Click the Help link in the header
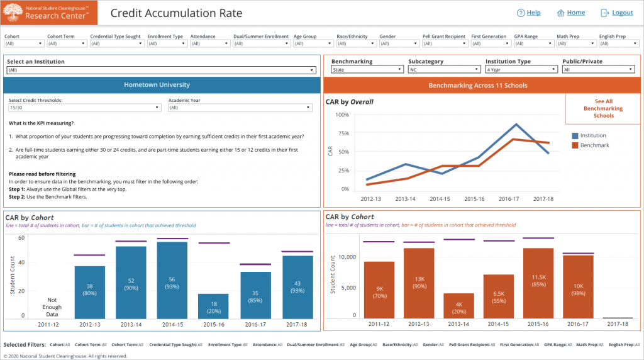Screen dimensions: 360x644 click(x=528, y=13)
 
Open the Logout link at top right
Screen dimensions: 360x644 click(x=616, y=13)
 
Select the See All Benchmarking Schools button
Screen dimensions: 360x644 click(x=603, y=109)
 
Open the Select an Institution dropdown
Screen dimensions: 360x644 click(x=162, y=70)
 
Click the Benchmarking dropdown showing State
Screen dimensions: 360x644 click(x=365, y=70)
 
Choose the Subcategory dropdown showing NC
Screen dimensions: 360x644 click(x=443, y=70)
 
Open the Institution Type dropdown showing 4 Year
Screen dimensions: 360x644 click(x=519, y=70)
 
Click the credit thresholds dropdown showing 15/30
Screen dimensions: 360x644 click(x=85, y=108)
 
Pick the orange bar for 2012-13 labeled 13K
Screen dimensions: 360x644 click(x=419, y=283)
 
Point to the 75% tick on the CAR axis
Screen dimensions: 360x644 click(x=343, y=133)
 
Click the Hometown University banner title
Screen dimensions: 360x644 click(x=157, y=85)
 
